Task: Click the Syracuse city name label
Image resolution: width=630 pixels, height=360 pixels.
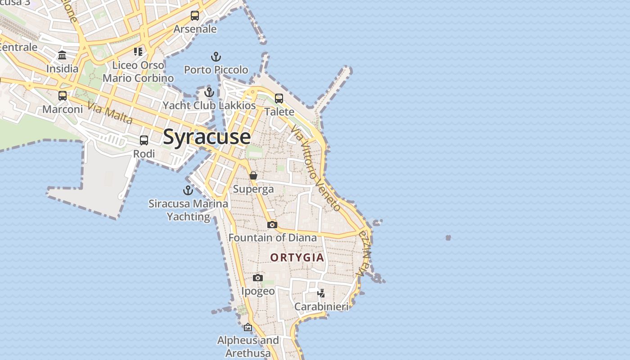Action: coord(207,137)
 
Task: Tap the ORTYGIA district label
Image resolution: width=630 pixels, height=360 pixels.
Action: coord(297,257)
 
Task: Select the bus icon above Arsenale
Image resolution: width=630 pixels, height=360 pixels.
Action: coord(195,16)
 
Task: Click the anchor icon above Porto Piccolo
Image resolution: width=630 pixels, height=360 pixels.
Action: coord(216,57)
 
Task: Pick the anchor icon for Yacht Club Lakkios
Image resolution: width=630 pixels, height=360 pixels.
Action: coord(209,92)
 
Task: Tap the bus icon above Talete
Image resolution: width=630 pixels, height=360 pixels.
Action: coord(279,99)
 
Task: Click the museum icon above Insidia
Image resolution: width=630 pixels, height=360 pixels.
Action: coord(62,55)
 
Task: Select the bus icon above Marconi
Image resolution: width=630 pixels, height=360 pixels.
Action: coord(63,96)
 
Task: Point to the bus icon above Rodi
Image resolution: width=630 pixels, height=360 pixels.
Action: coord(144,140)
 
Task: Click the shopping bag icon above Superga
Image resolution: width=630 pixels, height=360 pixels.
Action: coord(253,175)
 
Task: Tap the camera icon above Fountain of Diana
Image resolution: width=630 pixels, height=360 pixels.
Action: coord(272,225)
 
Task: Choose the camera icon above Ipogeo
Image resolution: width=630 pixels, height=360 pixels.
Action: coord(258,278)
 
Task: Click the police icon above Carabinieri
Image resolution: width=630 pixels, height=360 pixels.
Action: coord(321,293)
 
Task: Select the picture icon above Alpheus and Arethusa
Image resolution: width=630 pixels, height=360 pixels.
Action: coord(248,327)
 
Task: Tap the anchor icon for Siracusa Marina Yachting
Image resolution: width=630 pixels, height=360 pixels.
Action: coord(188,190)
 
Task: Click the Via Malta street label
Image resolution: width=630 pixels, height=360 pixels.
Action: coord(110,113)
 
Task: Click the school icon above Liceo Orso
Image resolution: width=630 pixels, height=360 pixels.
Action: coord(138,52)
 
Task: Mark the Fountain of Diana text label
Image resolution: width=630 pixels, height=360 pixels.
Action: coord(273,238)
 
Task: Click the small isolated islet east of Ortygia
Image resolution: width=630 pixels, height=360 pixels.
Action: coord(448,238)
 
